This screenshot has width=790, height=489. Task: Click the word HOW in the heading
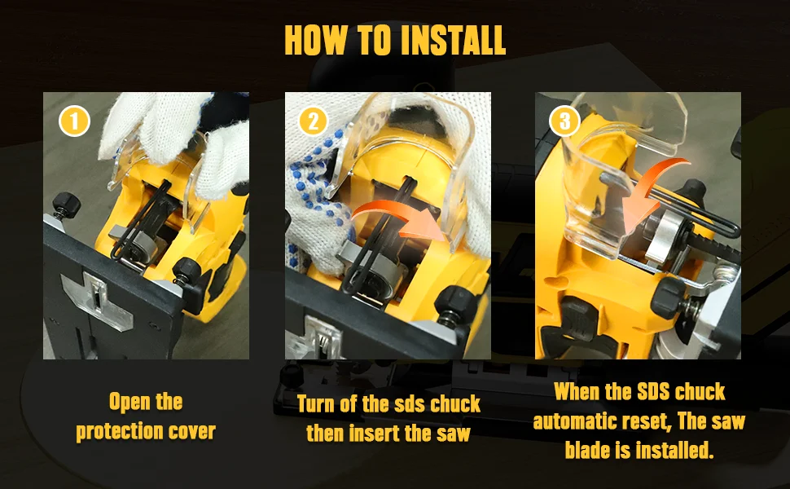coord(316,39)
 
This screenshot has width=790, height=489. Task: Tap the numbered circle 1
coord(74,121)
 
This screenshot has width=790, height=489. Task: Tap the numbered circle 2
coord(313,121)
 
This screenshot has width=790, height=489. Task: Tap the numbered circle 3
coord(564,121)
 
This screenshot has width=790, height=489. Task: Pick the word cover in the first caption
coord(191,431)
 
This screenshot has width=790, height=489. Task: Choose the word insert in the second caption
coord(369,433)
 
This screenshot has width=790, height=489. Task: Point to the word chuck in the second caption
coord(455,403)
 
